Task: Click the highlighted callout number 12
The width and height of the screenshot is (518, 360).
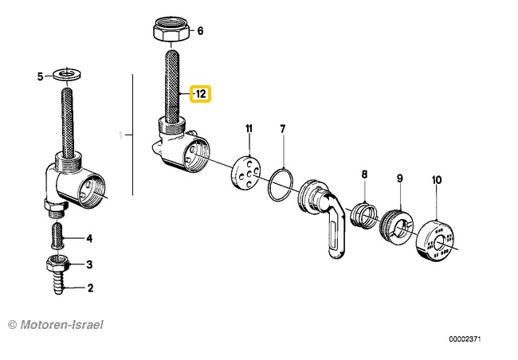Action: click(201, 94)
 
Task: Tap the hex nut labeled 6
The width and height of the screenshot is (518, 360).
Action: click(171, 29)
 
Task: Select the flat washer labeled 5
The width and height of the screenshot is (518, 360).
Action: click(67, 74)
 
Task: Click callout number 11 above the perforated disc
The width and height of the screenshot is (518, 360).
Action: click(249, 128)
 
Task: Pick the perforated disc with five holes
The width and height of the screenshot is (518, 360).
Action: click(245, 173)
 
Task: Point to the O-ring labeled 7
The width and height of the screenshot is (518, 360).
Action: click(281, 185)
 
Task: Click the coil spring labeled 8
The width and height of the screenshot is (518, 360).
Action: click(363, 216)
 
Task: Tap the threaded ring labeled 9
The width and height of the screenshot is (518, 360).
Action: click(396, 226)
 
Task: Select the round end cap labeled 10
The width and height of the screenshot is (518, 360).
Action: click(435, 241)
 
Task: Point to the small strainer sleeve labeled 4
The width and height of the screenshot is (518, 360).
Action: click(57, 235)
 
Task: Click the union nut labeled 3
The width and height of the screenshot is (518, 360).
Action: click(57, 263)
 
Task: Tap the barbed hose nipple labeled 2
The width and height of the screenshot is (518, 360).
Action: click(58, 283)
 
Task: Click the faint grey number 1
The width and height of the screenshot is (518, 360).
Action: click(121, 135)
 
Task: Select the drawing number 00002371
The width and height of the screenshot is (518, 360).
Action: click(465, 339)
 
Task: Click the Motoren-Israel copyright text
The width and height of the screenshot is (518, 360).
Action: click(56, 325)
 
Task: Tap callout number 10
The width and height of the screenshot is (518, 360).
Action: click(437, 180)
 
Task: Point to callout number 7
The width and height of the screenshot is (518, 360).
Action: click(282, 129)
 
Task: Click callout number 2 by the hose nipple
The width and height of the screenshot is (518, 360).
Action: click(90, 288)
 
